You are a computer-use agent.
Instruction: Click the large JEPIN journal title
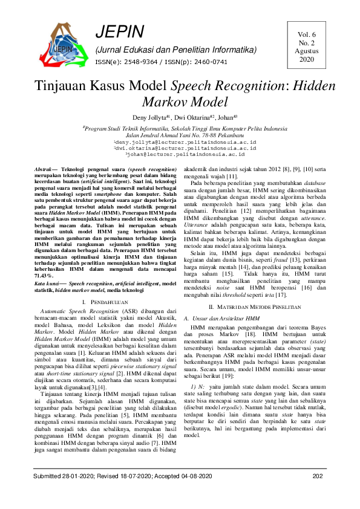coord(120,32)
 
